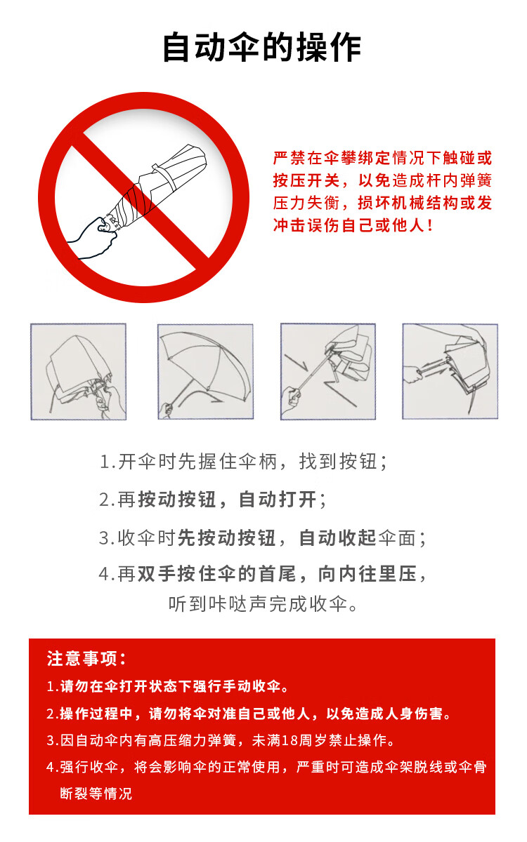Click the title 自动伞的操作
pos(262,48)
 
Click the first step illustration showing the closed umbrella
pos(78,371)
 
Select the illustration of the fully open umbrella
pos(205,371)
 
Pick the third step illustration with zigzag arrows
pos(328,371)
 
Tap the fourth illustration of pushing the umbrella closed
pos(450,371)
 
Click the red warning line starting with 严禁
pos(382,158)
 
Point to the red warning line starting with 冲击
pos(353,225)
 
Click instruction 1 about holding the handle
pos(243,462)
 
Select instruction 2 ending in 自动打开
pos(213,500)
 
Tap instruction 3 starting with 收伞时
pos(262,538)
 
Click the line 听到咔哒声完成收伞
pos(262,604)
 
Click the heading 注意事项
pos(86,659)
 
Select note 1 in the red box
pos(167,686)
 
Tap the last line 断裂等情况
pos(96,794)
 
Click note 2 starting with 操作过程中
pos(249,714)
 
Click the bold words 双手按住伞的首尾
pos(217,574)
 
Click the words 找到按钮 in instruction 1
pos(338,462)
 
